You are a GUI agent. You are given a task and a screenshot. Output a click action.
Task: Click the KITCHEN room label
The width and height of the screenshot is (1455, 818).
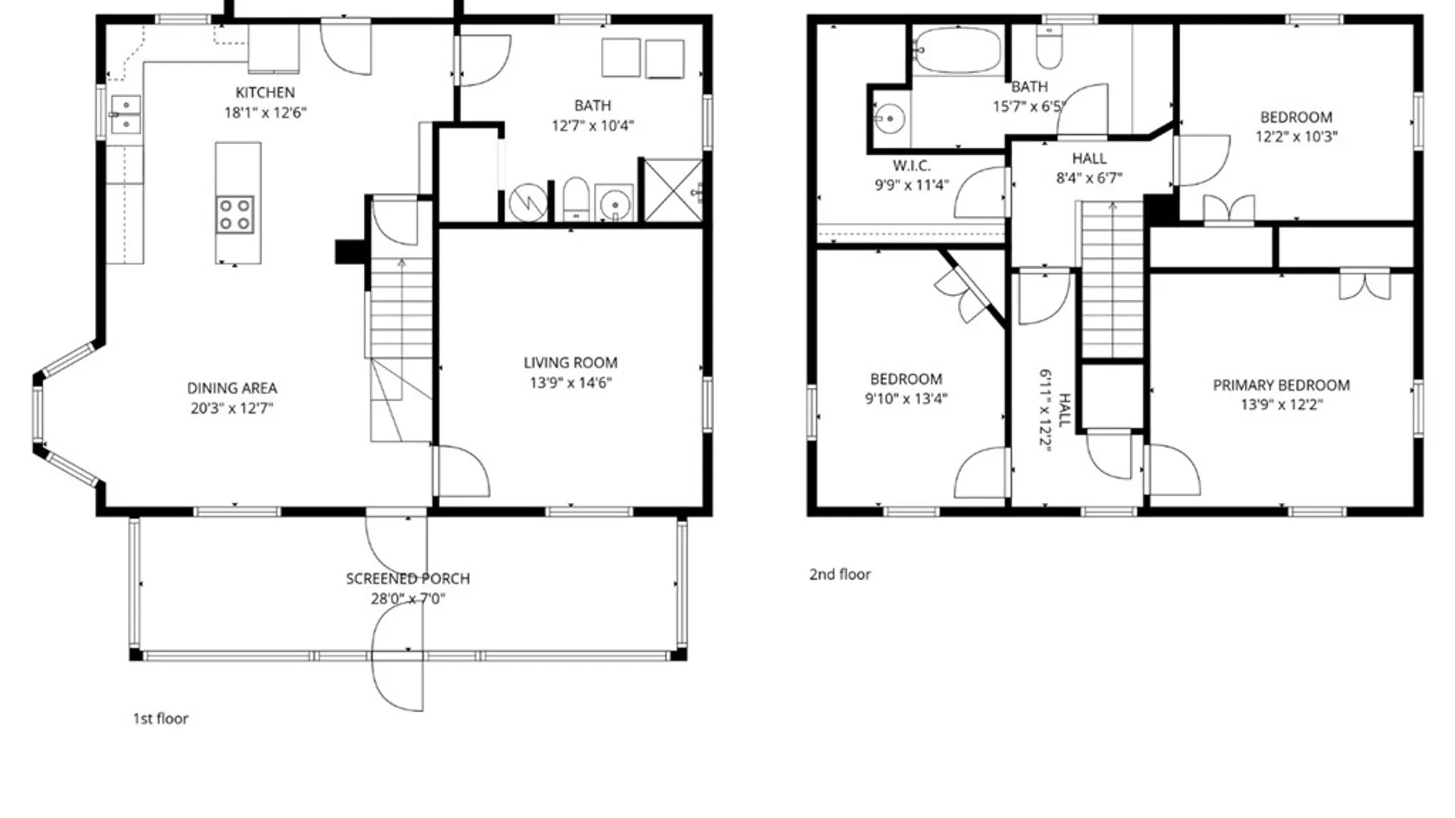(x=265, y=92)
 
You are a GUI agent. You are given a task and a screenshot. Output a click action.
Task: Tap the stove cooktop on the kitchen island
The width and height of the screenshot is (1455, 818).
(x=235, y=214)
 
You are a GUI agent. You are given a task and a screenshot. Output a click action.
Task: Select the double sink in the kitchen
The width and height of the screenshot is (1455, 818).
(x=126, y=114)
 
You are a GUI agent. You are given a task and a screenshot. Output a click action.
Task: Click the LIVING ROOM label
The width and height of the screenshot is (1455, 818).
(x=571, y=363)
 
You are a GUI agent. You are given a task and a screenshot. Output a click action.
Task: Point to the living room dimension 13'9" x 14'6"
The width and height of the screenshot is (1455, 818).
(x=571, y=382)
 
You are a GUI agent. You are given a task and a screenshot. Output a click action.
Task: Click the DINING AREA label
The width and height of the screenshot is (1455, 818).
(x=232, y=389)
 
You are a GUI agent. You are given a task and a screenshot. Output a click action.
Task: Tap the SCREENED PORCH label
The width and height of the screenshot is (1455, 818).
(x=408, y=579)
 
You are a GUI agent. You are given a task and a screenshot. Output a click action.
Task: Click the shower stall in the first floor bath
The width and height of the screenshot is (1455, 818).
(x=673, y=190)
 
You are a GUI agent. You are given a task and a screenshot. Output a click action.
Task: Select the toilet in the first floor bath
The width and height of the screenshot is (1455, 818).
(x=576, y=199)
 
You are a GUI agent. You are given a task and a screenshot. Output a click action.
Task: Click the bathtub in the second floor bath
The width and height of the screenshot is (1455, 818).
(x=958, y=50)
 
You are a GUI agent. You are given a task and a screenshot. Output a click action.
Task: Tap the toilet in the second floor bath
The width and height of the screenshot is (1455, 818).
(x=1050, y=47)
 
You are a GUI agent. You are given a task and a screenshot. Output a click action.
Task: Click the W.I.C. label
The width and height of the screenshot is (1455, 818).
(x=912, y=166)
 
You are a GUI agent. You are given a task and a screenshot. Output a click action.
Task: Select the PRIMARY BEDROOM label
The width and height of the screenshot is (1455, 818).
(x=1281, y=386)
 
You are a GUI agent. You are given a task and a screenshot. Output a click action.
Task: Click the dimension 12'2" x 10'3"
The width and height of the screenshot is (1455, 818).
(x=1297, y=137)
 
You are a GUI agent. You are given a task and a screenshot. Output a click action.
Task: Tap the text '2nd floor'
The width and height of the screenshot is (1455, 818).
(x=840, y=574)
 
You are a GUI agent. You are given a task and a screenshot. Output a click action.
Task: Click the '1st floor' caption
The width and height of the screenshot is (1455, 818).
(x=161, y=718)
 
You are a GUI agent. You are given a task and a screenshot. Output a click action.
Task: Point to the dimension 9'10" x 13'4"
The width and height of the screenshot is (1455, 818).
(x=906, y=398)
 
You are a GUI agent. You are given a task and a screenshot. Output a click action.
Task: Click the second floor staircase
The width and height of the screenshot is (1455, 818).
(x=1112, y=279)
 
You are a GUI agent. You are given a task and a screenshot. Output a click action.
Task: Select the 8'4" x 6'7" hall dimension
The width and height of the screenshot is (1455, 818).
(x=1089, y=178)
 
